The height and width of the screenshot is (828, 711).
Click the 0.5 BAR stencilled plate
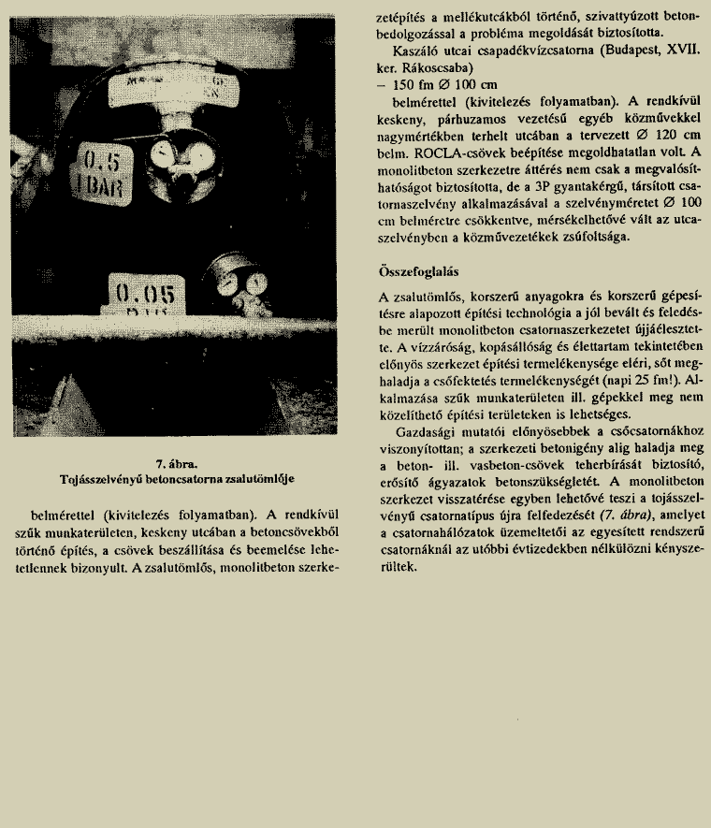tap(101, 166)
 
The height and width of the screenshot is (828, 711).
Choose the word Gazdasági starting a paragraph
tap(427, 432)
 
